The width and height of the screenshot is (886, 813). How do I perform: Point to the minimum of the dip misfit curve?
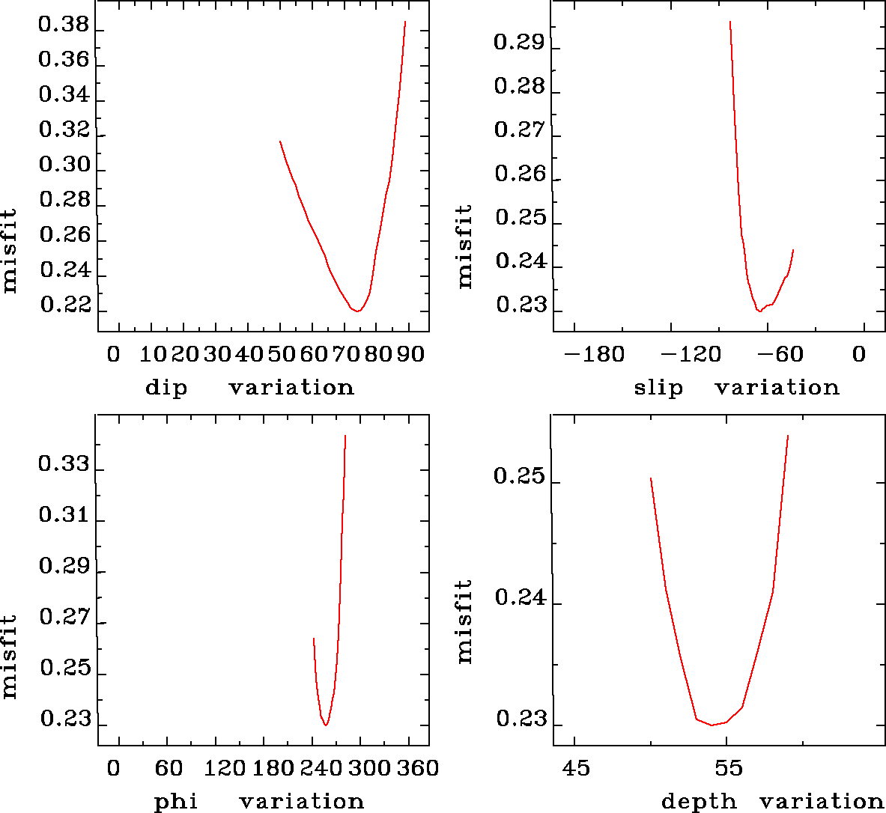pos(359,311)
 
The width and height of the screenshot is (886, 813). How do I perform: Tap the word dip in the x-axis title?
pos(166,388)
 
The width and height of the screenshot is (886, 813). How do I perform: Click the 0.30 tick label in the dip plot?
pos(64,165)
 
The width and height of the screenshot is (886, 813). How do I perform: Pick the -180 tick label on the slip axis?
pos(594,354)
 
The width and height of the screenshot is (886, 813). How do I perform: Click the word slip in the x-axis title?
pos(658,388)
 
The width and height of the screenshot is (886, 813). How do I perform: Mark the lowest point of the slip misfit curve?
pos(759,311)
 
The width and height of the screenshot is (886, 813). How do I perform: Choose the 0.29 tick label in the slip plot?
pos(519,42)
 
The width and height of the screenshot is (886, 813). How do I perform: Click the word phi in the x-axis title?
pos(176,802)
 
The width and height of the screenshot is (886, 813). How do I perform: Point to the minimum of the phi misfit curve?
pos(326,725)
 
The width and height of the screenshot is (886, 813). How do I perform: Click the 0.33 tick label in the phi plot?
pos(64,465)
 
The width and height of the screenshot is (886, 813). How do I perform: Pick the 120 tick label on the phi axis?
pos(225,768)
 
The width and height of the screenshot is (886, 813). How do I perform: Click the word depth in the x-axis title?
pos(700,802)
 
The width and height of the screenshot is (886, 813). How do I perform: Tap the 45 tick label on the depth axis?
pos(575,768)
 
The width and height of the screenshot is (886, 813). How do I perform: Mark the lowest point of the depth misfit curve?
pos(711,725)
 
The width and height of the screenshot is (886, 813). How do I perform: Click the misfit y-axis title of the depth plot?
pos(465,621)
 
